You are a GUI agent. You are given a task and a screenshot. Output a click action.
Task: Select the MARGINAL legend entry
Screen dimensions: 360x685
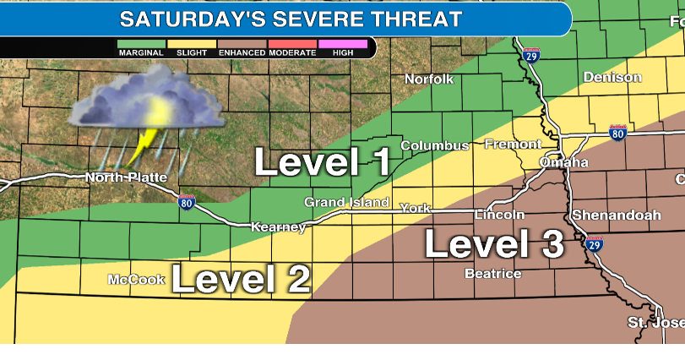point(141,47)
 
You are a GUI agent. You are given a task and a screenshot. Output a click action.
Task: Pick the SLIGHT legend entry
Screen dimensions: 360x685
point(191,47)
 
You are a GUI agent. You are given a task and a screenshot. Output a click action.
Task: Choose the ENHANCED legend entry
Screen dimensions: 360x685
point(242,47)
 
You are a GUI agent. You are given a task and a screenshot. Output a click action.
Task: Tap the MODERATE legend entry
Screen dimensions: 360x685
point(292,47)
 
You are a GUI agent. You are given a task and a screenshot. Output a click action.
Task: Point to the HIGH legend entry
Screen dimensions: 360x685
point(343,47)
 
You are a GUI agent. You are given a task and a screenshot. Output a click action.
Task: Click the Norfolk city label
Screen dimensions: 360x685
point(429,79)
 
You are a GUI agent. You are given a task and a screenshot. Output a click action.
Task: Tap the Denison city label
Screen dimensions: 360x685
point(612,77)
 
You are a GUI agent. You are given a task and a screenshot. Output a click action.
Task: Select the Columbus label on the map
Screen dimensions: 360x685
point(434,145)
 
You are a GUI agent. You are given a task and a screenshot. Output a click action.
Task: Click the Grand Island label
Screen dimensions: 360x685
point(347,203)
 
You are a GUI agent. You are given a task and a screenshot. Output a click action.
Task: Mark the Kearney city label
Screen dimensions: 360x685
point(278,228)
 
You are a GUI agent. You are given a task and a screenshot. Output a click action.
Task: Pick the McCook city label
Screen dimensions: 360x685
point(137,280)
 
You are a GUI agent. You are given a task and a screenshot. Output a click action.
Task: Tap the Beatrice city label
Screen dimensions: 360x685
point(493,274)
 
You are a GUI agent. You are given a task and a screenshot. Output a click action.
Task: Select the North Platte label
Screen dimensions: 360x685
point(126,177)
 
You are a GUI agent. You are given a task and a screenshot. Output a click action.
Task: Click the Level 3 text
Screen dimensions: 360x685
point(493,244)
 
